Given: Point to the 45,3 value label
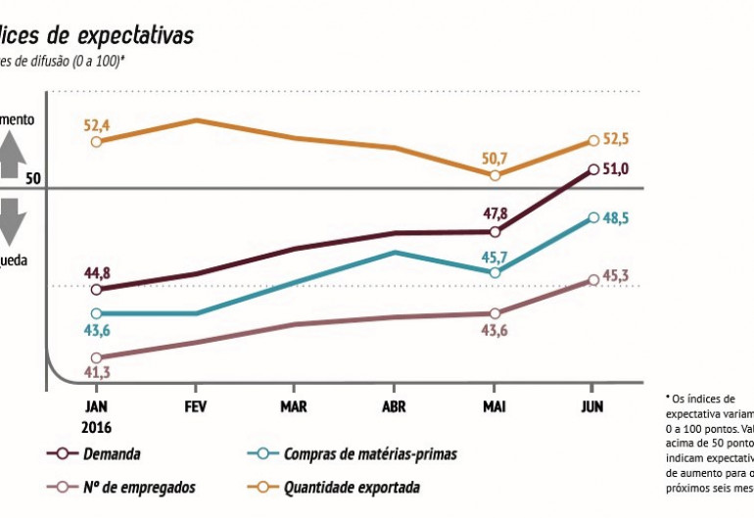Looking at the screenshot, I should click(x=614, y=275).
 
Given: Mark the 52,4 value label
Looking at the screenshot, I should click(x=96, y=123).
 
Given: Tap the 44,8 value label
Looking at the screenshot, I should click(x=96, y=272).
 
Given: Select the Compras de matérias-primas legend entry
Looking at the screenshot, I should click(x=369, y=454).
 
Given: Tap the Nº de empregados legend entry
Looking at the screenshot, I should click(x=138, y=486).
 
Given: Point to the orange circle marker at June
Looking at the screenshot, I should click(x=593, y=142).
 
